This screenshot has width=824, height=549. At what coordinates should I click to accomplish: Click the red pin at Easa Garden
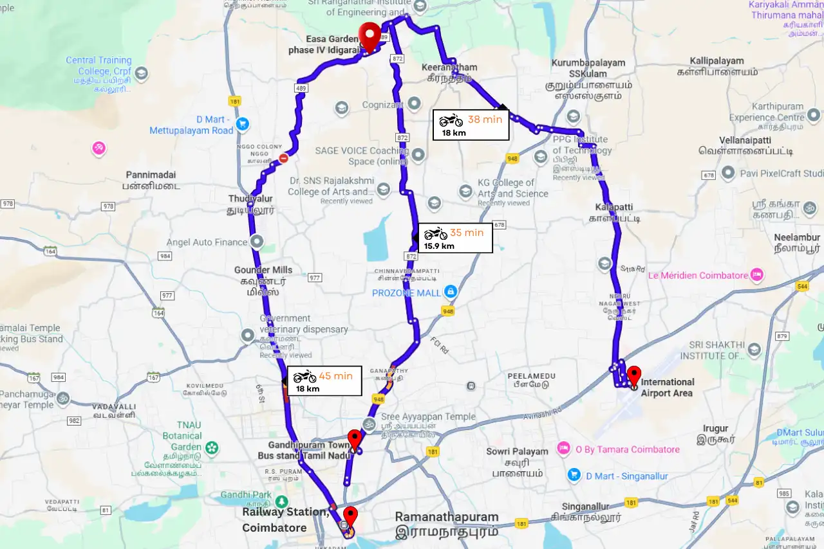[370, 35]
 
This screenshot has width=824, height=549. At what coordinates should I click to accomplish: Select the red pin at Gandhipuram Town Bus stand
[354, 440]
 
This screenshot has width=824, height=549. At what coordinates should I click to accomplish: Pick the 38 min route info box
[471, 125]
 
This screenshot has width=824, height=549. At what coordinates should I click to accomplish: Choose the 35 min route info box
[455, 238]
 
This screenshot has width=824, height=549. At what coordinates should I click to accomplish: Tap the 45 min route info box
[324, 381]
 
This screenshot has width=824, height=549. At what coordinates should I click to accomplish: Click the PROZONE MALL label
[406, 292]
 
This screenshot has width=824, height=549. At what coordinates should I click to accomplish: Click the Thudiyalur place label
[252, 204]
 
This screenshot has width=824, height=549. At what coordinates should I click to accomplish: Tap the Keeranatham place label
[449, 72]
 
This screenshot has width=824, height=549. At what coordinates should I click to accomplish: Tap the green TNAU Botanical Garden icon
[212, 447]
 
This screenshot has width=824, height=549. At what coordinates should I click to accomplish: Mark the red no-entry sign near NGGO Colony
[284, 158]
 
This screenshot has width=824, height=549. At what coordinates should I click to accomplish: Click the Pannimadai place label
[151, 180]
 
